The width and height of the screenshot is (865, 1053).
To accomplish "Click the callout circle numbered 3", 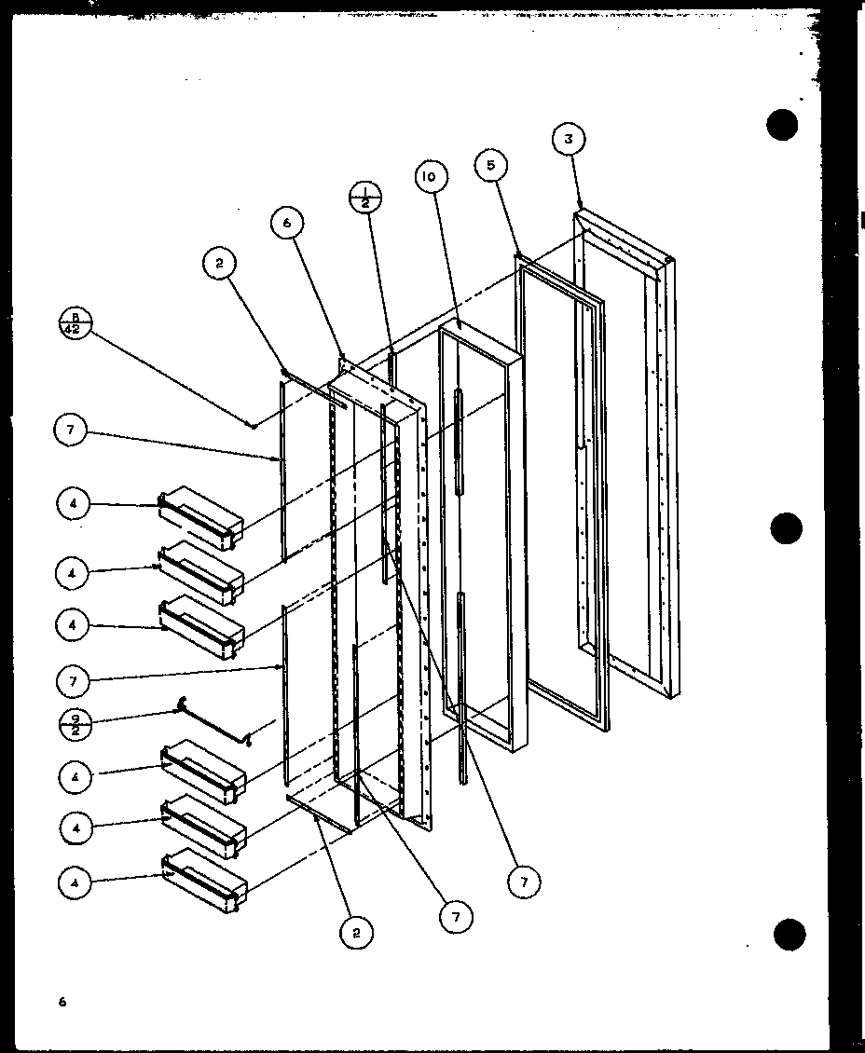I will pyautogui.click(x=568, y=141).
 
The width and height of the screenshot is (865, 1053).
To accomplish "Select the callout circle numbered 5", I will pyautogui.click(x=490, y=167).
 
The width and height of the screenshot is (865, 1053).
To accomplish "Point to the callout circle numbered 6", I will pyautogui.click(x=288, y=223).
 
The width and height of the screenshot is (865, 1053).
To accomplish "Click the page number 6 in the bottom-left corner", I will pyautogui.click(x=62, y=1002).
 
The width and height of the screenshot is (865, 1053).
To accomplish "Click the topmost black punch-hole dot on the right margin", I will pyautogui.click(x=783, y=125).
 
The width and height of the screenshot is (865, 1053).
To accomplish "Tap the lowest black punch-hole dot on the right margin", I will pyautogui.click(x=788, y=933).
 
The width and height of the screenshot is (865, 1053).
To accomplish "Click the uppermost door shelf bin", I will pyautogui.click(x=200, y=515).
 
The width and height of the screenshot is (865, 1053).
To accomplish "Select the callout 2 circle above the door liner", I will pyautogui.click(x=219, y=265).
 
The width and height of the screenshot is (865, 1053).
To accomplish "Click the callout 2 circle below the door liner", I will pyautogui.click(x=356, y=930).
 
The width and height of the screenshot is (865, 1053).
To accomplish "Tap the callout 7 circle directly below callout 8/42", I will pyautogui.click(x=73, y=431).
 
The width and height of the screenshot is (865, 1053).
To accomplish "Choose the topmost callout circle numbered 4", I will pyautogui.click(x=74, y=504).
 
